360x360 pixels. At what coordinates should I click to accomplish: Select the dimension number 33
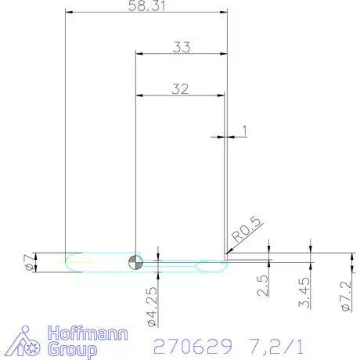pos(182,47)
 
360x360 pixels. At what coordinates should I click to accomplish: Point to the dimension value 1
pos(245,131)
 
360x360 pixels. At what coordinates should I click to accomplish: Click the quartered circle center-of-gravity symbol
pos(136,262)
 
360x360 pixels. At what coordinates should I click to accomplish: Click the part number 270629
pos(193,344)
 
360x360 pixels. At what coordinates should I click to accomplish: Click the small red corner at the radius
pos(225,254)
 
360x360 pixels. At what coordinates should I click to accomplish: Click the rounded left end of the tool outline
pos(68,262)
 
